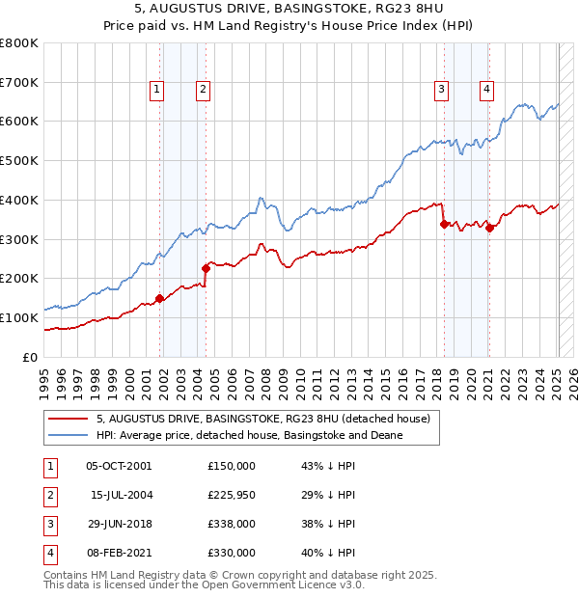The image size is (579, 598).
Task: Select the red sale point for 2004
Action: tap(206, 268)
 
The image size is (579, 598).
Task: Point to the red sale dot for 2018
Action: tap(444, 224)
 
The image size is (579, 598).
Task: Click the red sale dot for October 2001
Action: tap(159, 298)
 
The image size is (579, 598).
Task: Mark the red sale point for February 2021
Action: tap(489, 228)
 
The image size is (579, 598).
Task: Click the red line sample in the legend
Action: tap(67, 419)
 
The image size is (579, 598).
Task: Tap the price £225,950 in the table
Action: tap(231, 495)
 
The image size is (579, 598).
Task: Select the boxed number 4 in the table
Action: tap(49, 553)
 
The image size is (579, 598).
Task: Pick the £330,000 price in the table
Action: tap(231, 553)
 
